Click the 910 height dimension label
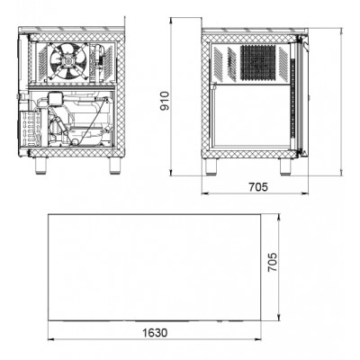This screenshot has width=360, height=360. pyautogui.click(x=165, y=101)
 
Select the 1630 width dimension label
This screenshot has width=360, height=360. pyautogui.click(x=155, y=333)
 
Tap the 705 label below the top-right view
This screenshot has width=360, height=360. pyautogui.click(x=258, y=187)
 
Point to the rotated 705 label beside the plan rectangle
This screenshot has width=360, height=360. pyautogui.click(x=273, y=262)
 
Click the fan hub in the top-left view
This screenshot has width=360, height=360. pyautogui.click(x=66, y=61)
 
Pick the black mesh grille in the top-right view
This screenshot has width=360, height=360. pyautogui.click(x=258, y=63)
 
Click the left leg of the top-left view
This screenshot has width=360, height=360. pyautogui.click(x=40, y=166)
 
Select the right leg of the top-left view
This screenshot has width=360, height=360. pyautogui.click(x=114, y=166)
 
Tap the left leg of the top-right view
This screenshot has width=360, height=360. pyautogui.click(x=211, y=166)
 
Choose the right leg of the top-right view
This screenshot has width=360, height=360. pyautogui.click(x=285, y=166)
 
